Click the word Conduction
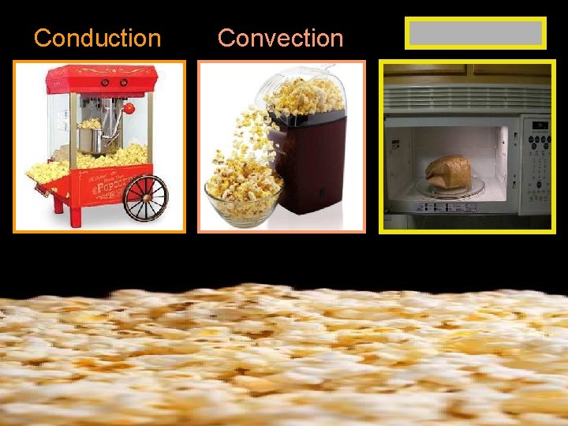pyautogui.click(x=97, y=37)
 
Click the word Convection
pyautogui.click(x=280, y=37)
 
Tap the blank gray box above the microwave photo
pyautogui.click(x=475, y=34)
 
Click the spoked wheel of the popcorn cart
pyautogui.click(x=146, y=197)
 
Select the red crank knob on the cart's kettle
pyautogui.click(x=129, y=108)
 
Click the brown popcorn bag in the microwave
pyautogui.click(x=447, y=170)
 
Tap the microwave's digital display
pyautogui.click(x=540, y=125)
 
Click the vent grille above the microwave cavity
pyautogui.click(x=465, y=99)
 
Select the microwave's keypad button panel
pyautogui.click(x=539, y=166)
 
